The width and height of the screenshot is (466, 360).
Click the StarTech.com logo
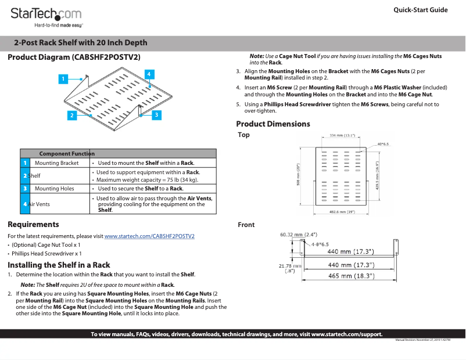click(x=46, y=15)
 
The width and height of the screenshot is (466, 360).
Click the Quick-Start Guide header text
click(x=420, y=10)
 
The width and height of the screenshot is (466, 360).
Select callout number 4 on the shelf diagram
click(x=149, y=74)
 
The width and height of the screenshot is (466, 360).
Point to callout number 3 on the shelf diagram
click(x=156, y=115)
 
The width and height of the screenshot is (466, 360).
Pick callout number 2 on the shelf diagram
click(x=72, y=116)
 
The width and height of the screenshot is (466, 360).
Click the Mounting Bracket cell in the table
click(x=56, y=163)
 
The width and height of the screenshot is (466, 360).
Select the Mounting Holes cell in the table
click(x=55, y=189)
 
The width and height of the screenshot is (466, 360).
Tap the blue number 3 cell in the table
click(x=25, y=189)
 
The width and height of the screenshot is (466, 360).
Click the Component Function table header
click(x=66, y=154)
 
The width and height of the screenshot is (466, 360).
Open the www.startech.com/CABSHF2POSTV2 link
click(x=149, y=236)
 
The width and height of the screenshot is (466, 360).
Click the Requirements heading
click(x=33, y=224)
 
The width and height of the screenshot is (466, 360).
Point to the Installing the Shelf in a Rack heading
click(x=59, y=265)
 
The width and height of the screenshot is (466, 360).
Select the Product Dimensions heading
click(x=273, y=124)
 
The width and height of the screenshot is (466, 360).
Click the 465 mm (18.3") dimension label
click(x=350, y=276)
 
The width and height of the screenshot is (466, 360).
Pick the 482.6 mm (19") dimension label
click(x=342, y=211)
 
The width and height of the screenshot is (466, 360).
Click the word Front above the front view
click(x=246, y=225)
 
